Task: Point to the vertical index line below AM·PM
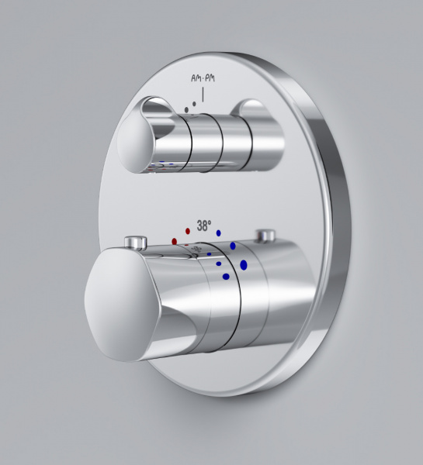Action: [203, 95]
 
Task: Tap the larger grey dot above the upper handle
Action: [185, 111]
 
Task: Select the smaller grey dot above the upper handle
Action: [193, 103]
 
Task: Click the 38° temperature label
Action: [204, 227]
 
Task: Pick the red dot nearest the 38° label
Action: [188, 231]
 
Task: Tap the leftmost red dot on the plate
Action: [175, 242]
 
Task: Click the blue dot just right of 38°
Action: [219, 232]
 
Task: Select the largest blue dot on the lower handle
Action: [244, 265]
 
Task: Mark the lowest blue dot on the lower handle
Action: [226, 275]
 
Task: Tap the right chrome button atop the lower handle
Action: [269, 236]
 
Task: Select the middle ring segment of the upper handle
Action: [206, 139]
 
